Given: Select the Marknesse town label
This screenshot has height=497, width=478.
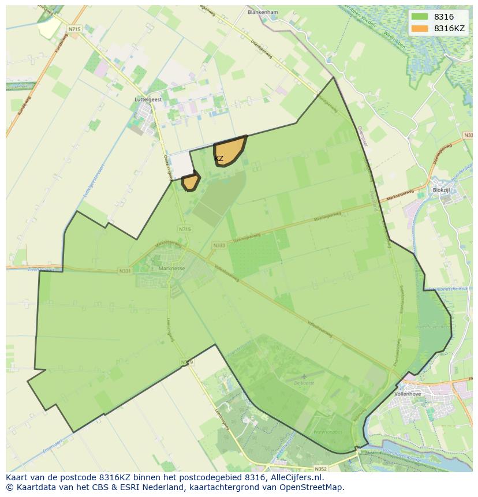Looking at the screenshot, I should (x=171, y=268).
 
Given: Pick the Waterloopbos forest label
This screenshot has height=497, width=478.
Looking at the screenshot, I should (x=327, y=432).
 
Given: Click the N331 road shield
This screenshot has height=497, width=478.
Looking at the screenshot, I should (x=124, y=270).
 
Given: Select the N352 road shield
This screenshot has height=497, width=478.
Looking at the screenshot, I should (x=321, y=469).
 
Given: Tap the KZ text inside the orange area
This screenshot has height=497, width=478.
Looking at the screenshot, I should (x=219, y=158).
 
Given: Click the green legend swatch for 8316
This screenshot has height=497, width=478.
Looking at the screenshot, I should (x=420, y=17).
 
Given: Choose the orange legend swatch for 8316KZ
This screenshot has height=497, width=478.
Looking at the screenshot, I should (x=420, y=28).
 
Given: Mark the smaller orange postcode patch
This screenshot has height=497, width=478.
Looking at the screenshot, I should (x=191, y=182).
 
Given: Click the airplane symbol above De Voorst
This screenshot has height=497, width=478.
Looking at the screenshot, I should (x=304, y=375).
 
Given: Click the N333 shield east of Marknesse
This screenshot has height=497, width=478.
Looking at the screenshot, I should (x=219, y=245).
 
